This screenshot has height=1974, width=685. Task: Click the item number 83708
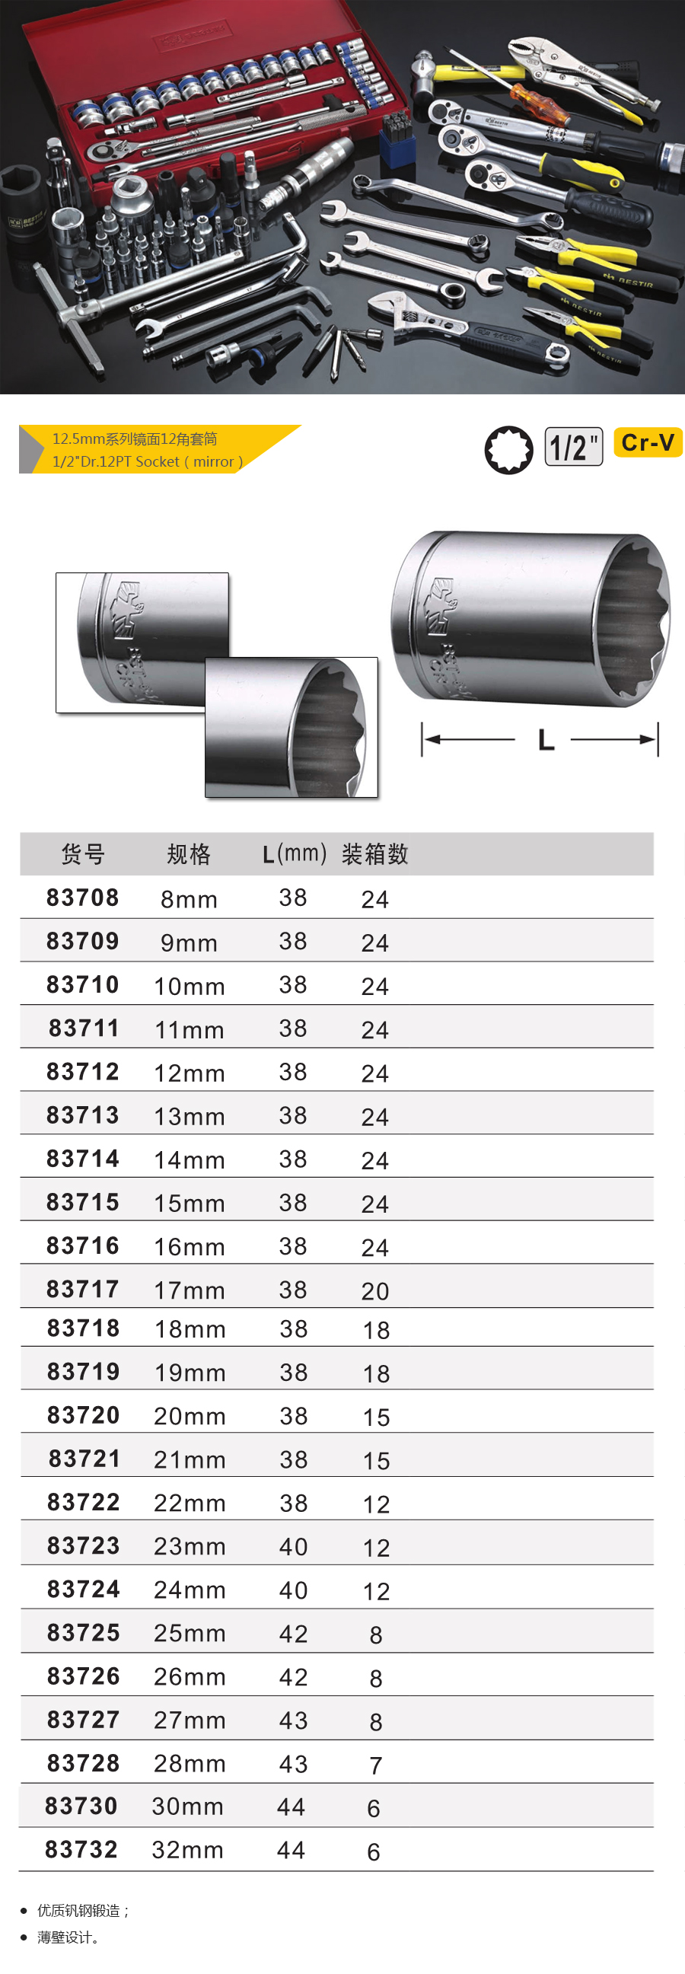pos(83,898)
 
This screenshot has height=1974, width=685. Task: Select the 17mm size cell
pos(190,1290)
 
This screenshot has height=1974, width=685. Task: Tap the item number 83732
pos(81,1850)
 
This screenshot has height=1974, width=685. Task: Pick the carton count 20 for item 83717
pos(375,1291)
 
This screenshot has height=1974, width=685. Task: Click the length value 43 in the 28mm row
pos(293,1763)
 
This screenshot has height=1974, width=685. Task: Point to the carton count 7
pos(375,1765)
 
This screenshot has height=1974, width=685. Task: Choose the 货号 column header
pos(83,853)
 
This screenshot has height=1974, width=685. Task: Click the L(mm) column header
pos(295,853)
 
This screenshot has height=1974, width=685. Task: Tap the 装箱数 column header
pos(374,853)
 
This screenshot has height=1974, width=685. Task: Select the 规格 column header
pos(189,853)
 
